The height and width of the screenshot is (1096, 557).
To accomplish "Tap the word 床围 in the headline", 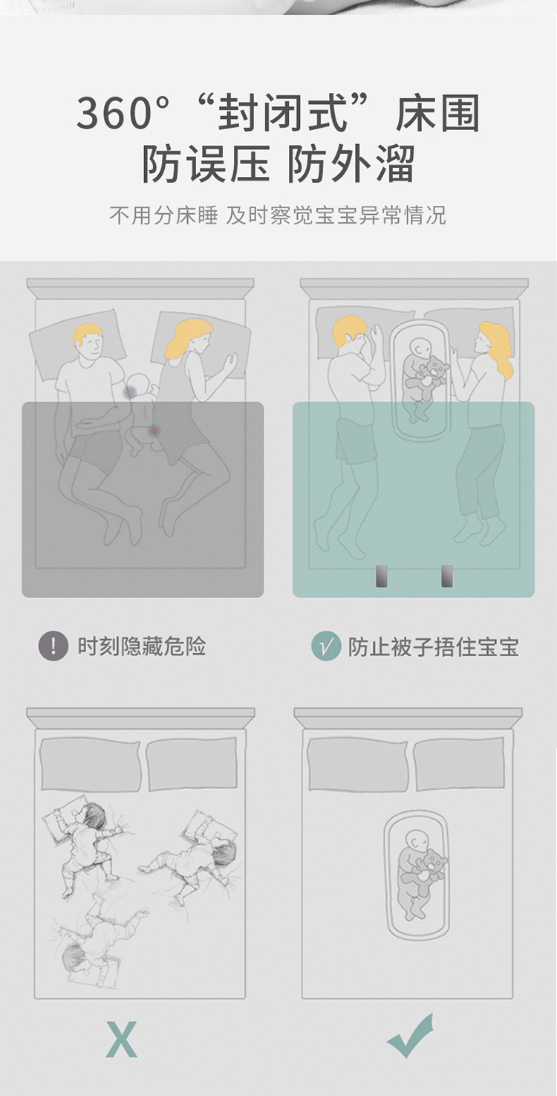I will [x=438, y=114].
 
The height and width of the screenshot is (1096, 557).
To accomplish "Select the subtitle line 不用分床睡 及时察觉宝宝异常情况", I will [x=278, y=215].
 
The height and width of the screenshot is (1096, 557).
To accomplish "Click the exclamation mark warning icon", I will [x=53, y=646].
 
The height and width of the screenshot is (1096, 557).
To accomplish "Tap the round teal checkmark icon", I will [x=326, y=646].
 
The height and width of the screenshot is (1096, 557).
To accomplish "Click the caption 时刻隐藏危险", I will [x=141, y=646].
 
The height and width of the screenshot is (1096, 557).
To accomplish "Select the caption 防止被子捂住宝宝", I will [x=434, y=646].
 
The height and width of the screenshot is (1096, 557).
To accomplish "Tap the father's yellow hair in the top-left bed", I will [x=88, y=334].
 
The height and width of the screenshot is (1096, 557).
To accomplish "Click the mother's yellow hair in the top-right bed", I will [x=496, y=346].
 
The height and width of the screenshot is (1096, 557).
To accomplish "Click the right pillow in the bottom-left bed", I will [x=192, y=764].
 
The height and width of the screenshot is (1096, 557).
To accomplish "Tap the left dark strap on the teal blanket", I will [x=382, y=576].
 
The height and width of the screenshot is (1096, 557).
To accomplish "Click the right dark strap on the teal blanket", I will [x=447, y=576].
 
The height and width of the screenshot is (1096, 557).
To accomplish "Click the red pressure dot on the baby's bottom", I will [x=155, y=430].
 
